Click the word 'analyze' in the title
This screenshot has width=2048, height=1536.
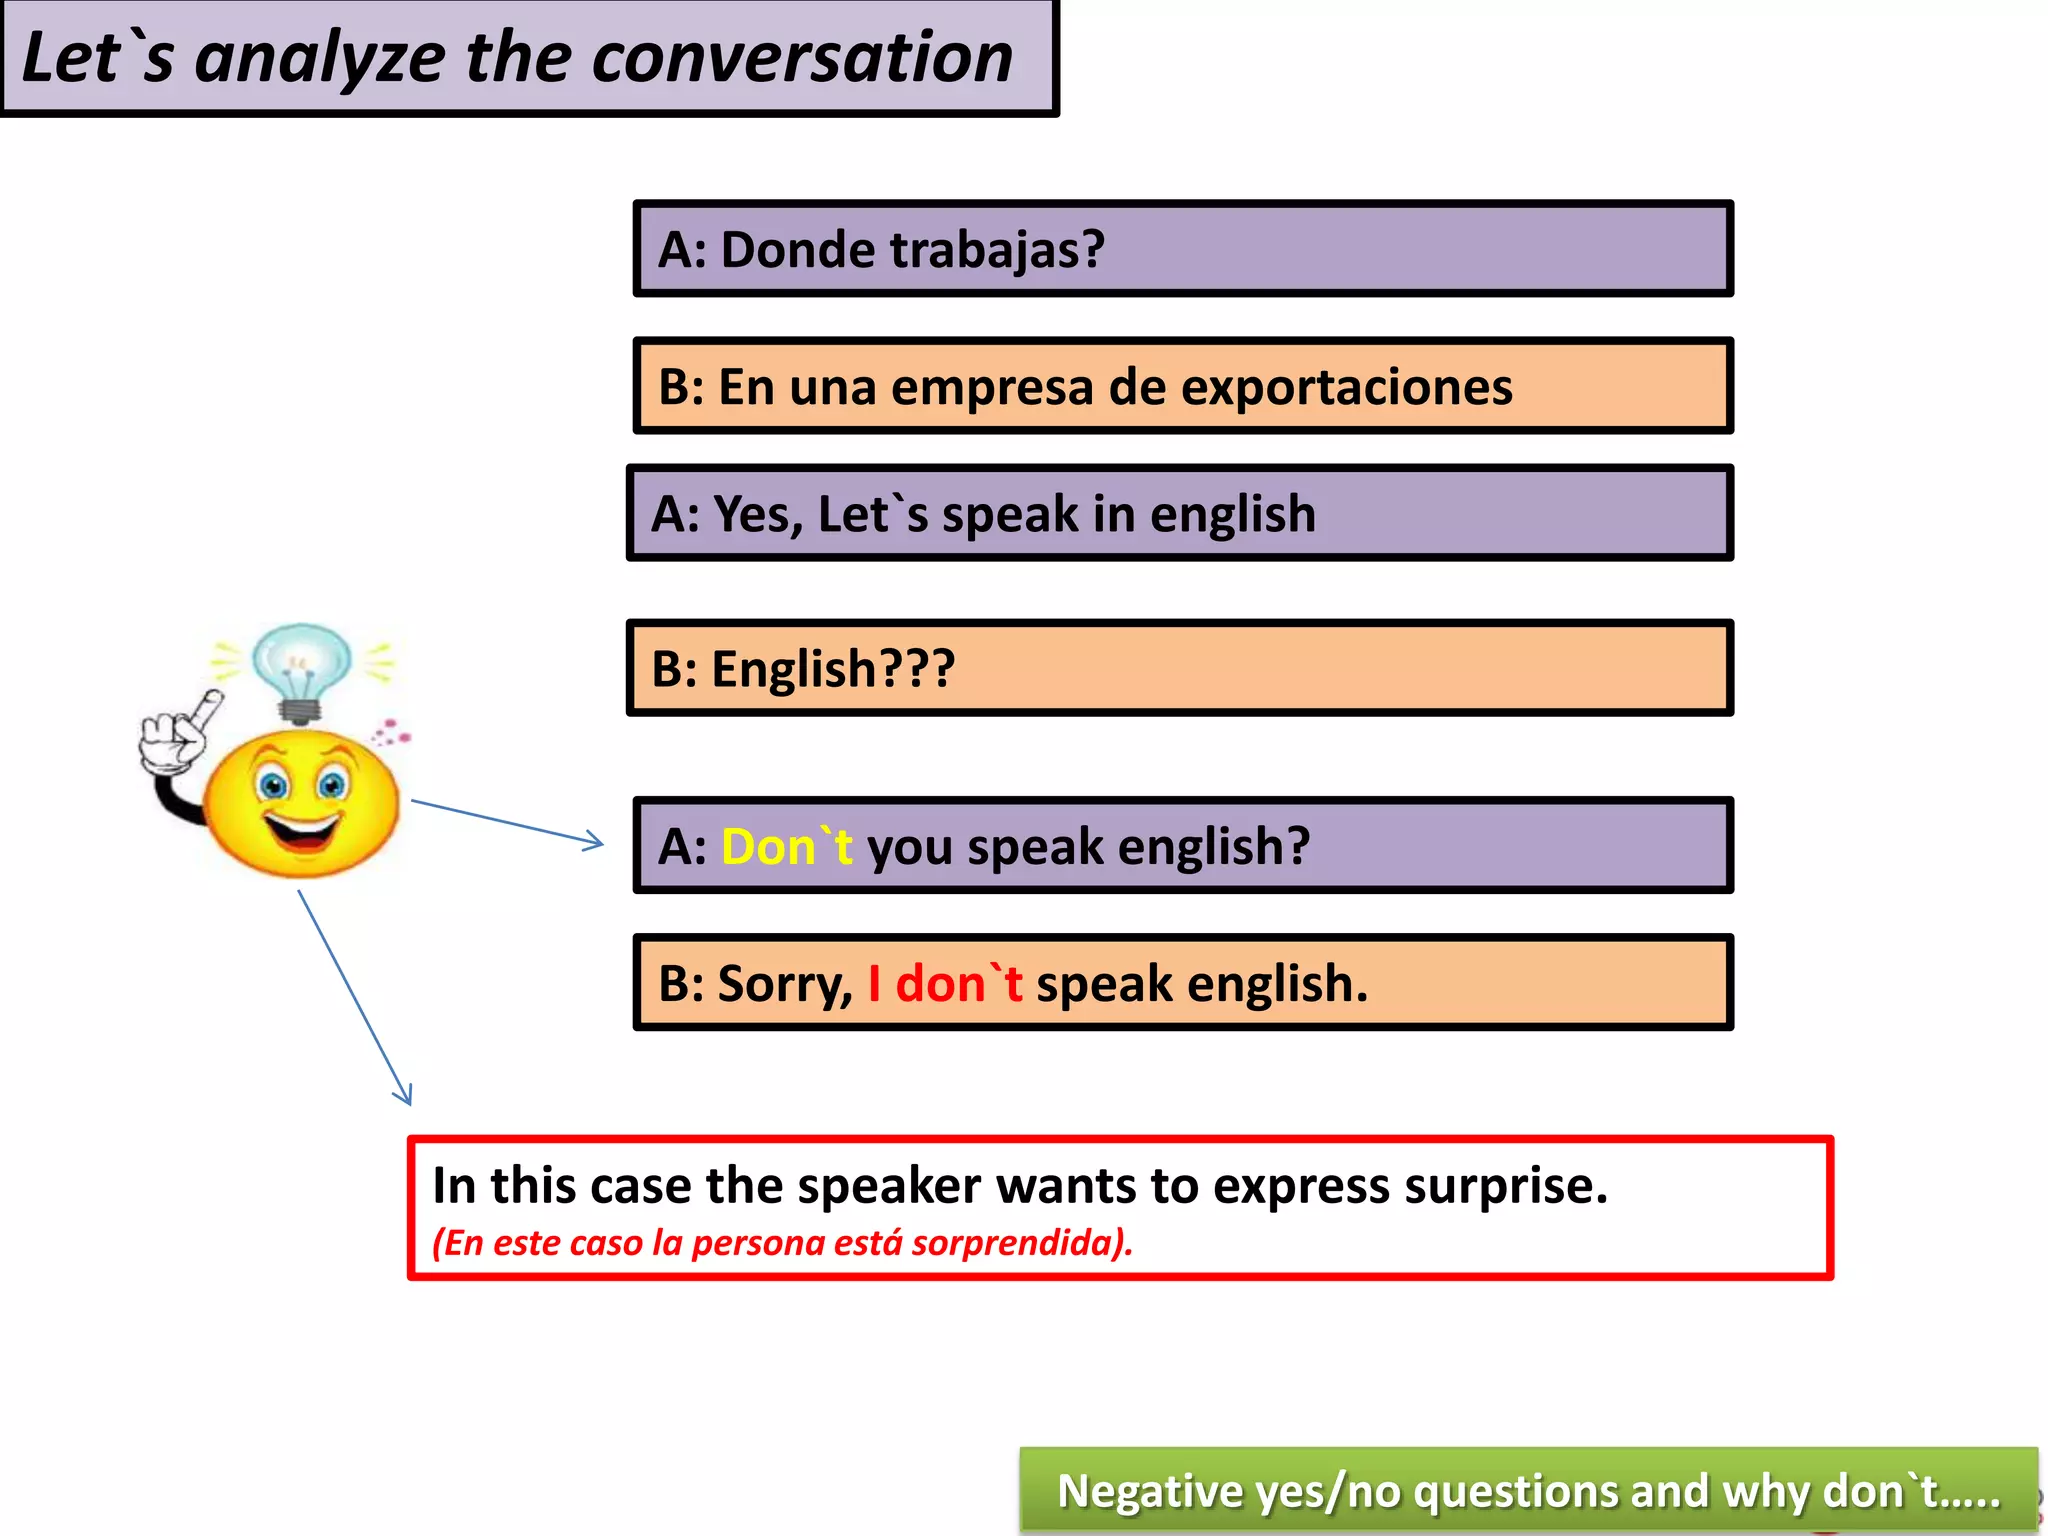319,58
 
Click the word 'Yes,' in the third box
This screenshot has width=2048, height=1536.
757,515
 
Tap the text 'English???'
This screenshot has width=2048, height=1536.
832,669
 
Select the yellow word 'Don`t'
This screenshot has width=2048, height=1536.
786,847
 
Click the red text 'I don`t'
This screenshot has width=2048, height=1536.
944,984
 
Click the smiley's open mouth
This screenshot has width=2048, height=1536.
301,831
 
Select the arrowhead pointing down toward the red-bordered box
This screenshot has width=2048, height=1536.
404,1095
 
